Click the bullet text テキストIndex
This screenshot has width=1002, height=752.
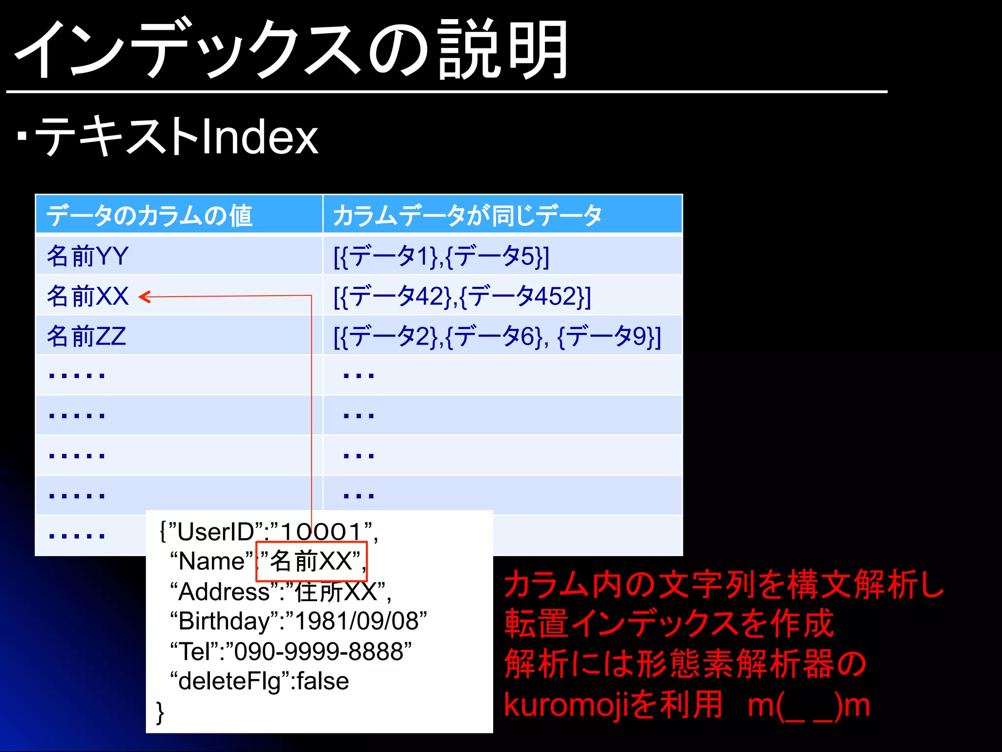pyautogui.click(x=176, y=137)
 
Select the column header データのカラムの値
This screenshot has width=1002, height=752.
pyautogui.click(x=149, y=215)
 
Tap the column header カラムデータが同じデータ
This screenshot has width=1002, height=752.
pyautogui.click(x=467, y=215)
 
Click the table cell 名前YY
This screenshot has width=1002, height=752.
pyautogui.click(x=88, y=256)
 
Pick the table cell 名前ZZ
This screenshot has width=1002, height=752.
pyautogui.click(x=87, y=336)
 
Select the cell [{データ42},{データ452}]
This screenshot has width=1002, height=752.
pyautogui.click(x=462, y=296)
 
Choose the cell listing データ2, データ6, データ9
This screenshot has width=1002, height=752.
pyautogui.click(x=497, y=336)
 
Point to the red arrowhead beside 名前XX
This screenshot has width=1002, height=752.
pyautogui.click(x=144, y=297)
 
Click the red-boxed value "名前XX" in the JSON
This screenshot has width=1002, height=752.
pyautogui.click(x=312, y=561)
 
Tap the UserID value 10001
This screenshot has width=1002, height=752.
pyautogui.click(x=320, y=532)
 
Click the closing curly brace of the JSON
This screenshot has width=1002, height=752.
pyautogui.click(x=160, y=712)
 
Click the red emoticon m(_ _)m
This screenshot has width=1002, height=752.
pyautogui.click(x=808, y=705)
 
